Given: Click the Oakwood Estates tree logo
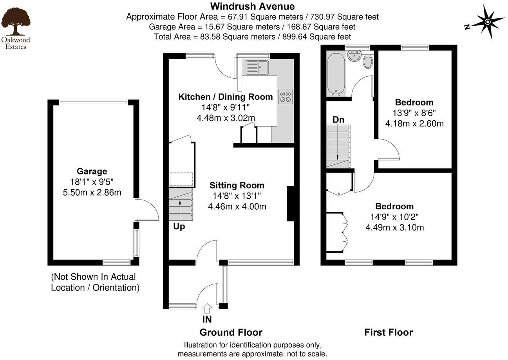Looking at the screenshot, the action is click(16, 22).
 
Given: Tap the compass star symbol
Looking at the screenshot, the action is click(488, 22).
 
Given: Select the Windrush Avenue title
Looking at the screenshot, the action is click(252, 6).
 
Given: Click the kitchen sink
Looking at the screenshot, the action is click(257, 67).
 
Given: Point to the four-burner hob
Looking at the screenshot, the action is click(286, 97).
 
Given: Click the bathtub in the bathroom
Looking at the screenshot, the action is click(336, 74).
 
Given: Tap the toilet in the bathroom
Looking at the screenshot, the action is click(368, 61).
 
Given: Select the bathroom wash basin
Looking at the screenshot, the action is click(354, 56).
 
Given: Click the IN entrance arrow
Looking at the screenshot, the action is click(207, 309).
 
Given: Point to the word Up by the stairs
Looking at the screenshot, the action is click(179, 227).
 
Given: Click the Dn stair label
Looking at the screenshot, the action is click(338, 120).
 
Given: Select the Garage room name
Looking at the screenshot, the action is click(92, 171).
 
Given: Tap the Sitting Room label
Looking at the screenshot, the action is click(237, 185).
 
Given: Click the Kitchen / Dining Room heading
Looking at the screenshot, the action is click(226, 97).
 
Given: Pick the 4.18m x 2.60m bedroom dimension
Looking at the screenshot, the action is click(414, 124).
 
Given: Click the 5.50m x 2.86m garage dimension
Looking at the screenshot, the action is click(92, 193).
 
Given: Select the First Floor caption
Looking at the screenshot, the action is click(389, 332).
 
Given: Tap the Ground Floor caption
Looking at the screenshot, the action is click(231, 332).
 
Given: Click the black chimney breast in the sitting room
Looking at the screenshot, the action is click(291, 203).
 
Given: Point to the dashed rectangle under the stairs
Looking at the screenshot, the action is click(181, 179).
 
